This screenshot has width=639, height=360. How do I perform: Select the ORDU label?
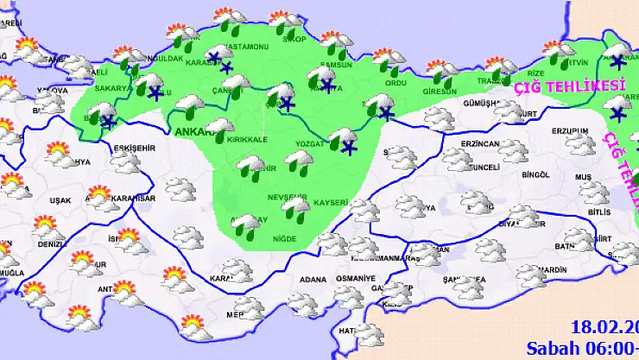tap(395, 83)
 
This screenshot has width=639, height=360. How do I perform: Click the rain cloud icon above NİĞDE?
tap(244, 225)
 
